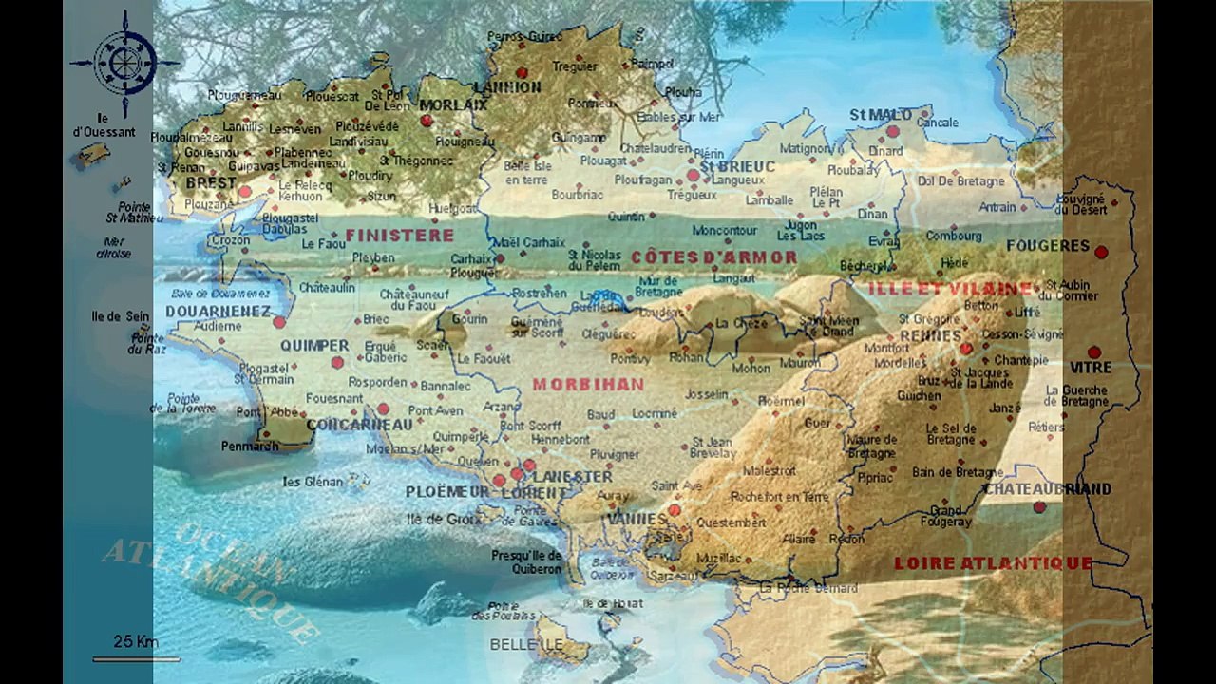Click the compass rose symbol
coord(124,63)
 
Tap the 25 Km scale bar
coord(136,657)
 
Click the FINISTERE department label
coord(399,235)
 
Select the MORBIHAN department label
coord(588,385)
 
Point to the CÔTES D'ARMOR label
coord(713,256)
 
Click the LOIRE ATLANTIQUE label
coord(993,563)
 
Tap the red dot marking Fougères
coord(1101,253)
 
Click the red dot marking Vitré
coord(1093,351)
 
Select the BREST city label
coord(211,182)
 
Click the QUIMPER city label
coord(314,346)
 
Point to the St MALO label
coord(880,115)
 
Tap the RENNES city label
coord(930,336)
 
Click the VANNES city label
coord(637,519)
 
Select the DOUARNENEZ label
coord(218,311)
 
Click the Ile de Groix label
coord(438,519)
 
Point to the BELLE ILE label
coord(526,644)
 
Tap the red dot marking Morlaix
coord(427,121)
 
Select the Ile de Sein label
coord(120,316)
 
